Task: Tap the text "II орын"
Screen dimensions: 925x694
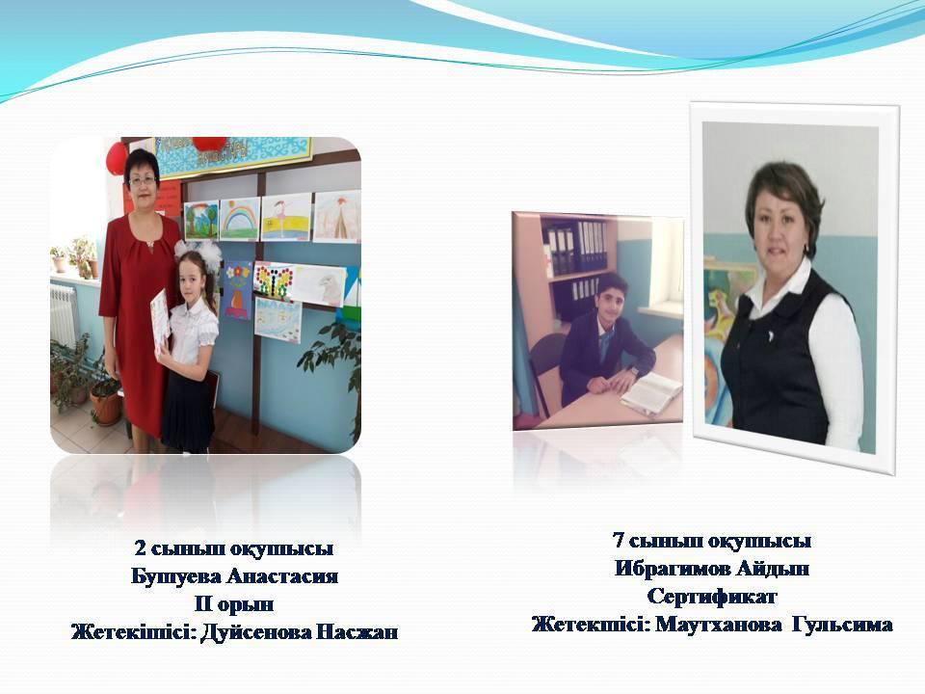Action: click(x=234, y=603)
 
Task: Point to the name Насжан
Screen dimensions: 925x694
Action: click(x=357, y=632)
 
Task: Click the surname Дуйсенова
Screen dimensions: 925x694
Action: click(x=256, y=632)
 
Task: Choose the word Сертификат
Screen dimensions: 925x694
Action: click(x=711, y=596)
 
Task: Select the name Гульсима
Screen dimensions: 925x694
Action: click(x=842, y=625)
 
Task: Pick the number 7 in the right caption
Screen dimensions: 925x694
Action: click(x=619, y=540)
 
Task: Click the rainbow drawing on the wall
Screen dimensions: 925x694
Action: click(x=240, y=219)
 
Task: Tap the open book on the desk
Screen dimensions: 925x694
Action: click(x=650, y=393)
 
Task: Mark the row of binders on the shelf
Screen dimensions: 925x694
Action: click(x=575, y=247)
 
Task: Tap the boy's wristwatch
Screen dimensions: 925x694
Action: click(x=634, y=371)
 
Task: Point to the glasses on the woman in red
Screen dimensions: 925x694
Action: click(x=143, y=180)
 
